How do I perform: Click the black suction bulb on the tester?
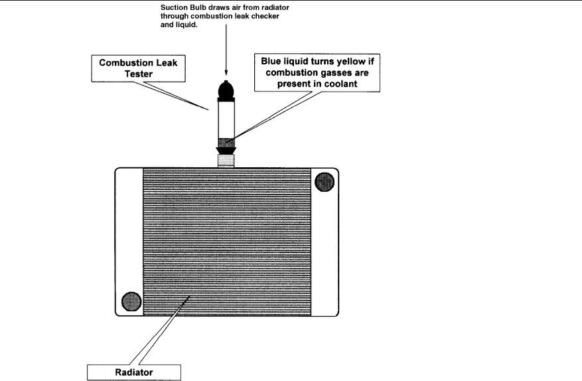[226, 90]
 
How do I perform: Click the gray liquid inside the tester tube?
[226, 141]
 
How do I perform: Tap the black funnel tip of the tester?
[226, 151]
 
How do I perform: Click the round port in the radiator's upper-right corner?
[325, 180]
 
